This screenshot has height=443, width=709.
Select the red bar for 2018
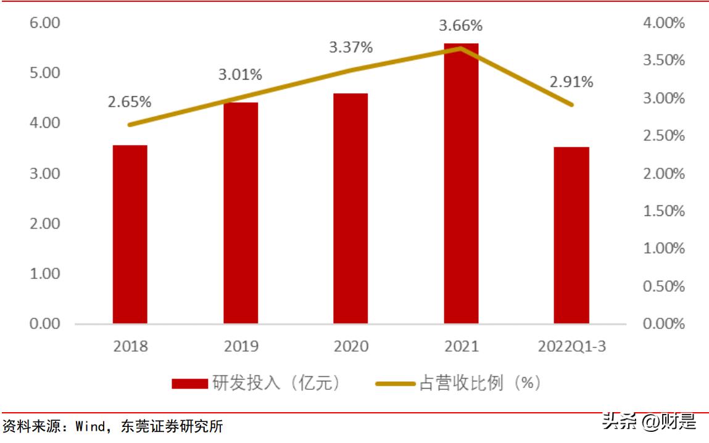click(x=130, y=234)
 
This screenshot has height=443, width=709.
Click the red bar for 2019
click(x=241, y=213)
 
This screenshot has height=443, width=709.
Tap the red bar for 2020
click(x=350, y=209)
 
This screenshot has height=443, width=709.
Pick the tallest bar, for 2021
click(x=461, y=183)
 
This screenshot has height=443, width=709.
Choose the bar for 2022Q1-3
click(x=571, y=235)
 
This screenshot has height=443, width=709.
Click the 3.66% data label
click(x=461, y=26)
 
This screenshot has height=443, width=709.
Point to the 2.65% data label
click(x=130, y=102)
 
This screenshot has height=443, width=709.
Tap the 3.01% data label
click(x=240, y=75)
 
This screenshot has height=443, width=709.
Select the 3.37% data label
click(x=350, y=47)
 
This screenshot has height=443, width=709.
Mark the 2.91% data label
click(x=571, y=81)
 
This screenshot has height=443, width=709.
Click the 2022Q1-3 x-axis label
click(x=571, y=346)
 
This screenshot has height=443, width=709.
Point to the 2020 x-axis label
click(x=350, y=346)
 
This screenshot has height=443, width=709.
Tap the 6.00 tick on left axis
click(x=44, y=23)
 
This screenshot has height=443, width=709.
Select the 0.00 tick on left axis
click(x=44, y=323)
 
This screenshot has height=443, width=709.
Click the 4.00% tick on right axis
click(x=664, y=23)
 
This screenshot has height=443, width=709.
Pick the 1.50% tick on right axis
click(x=664, y=211)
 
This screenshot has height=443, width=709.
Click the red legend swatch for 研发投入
click(x=189, y=384)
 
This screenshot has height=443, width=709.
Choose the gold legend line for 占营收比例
click(x=395, y=384)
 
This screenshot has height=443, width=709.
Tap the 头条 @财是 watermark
click(x=649, y=422)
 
